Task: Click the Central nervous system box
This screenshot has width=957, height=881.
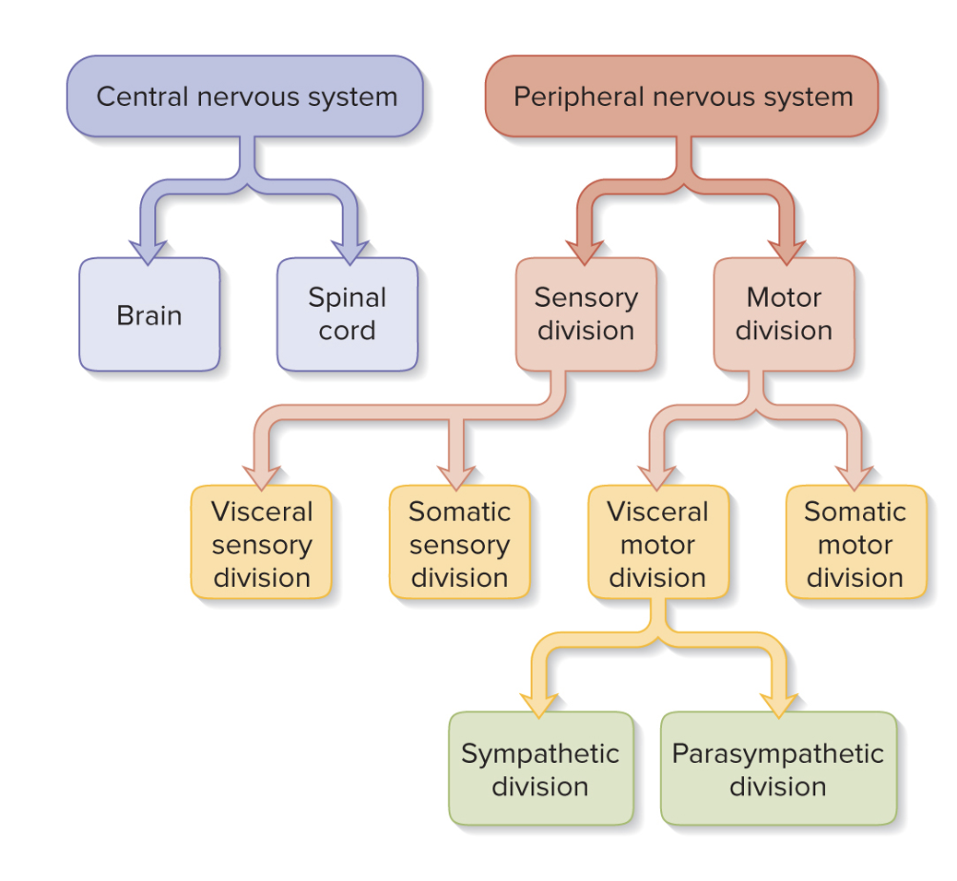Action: pos(245,97)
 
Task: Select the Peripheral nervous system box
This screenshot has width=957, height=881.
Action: pos(681,97)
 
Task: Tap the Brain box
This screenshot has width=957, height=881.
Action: pos(149,315)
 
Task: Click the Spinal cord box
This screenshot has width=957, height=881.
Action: pos(347,315)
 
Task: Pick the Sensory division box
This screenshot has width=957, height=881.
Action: pos(585,315)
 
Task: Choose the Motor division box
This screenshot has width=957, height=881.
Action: pos(784,315)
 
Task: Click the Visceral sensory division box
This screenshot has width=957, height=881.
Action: pos(261,544)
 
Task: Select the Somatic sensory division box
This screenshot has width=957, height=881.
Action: pos(459,544)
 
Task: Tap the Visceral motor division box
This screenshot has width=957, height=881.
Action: pos(657,544)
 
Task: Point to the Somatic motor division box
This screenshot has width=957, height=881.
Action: pos(855,544)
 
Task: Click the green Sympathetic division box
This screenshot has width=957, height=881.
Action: pos(540,769)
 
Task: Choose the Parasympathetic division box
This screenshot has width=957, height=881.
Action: pos(778,769)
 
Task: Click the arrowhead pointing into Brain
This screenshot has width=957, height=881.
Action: pos(148,251)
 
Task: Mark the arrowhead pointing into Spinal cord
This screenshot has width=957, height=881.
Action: pos(349,251)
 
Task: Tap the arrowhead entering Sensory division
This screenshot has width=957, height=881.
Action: pos(585,251)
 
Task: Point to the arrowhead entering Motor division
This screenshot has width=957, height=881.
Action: pos(786,251)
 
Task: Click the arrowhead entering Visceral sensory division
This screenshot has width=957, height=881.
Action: pos(261,477)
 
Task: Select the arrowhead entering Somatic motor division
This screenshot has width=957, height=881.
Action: pos(854,477)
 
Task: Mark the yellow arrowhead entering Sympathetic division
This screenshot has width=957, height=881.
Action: pos(539,704)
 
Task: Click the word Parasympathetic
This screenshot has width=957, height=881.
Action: pos(778,754)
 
